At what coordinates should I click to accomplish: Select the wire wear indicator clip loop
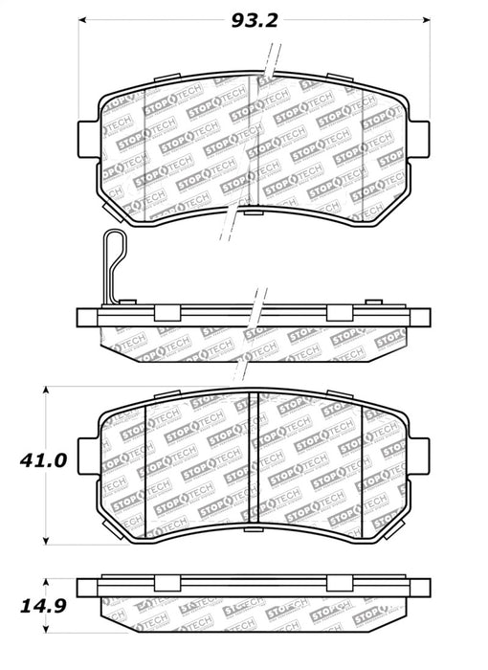pos(113,267)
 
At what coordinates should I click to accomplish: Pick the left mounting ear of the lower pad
pos(87,454)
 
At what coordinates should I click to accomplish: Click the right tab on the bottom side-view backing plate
pos(336,584)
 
